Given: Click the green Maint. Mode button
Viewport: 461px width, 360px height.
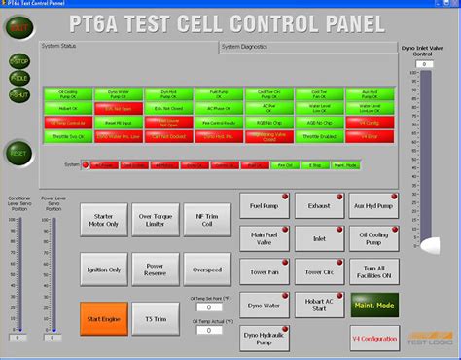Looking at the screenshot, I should pyautogui.click(x=373, y=308).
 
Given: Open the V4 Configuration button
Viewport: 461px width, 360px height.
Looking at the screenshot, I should pyautogui.click(x=373, y=338).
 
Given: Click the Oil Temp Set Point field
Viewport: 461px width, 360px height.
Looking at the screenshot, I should pyautogui.click(x=209, y=306).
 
